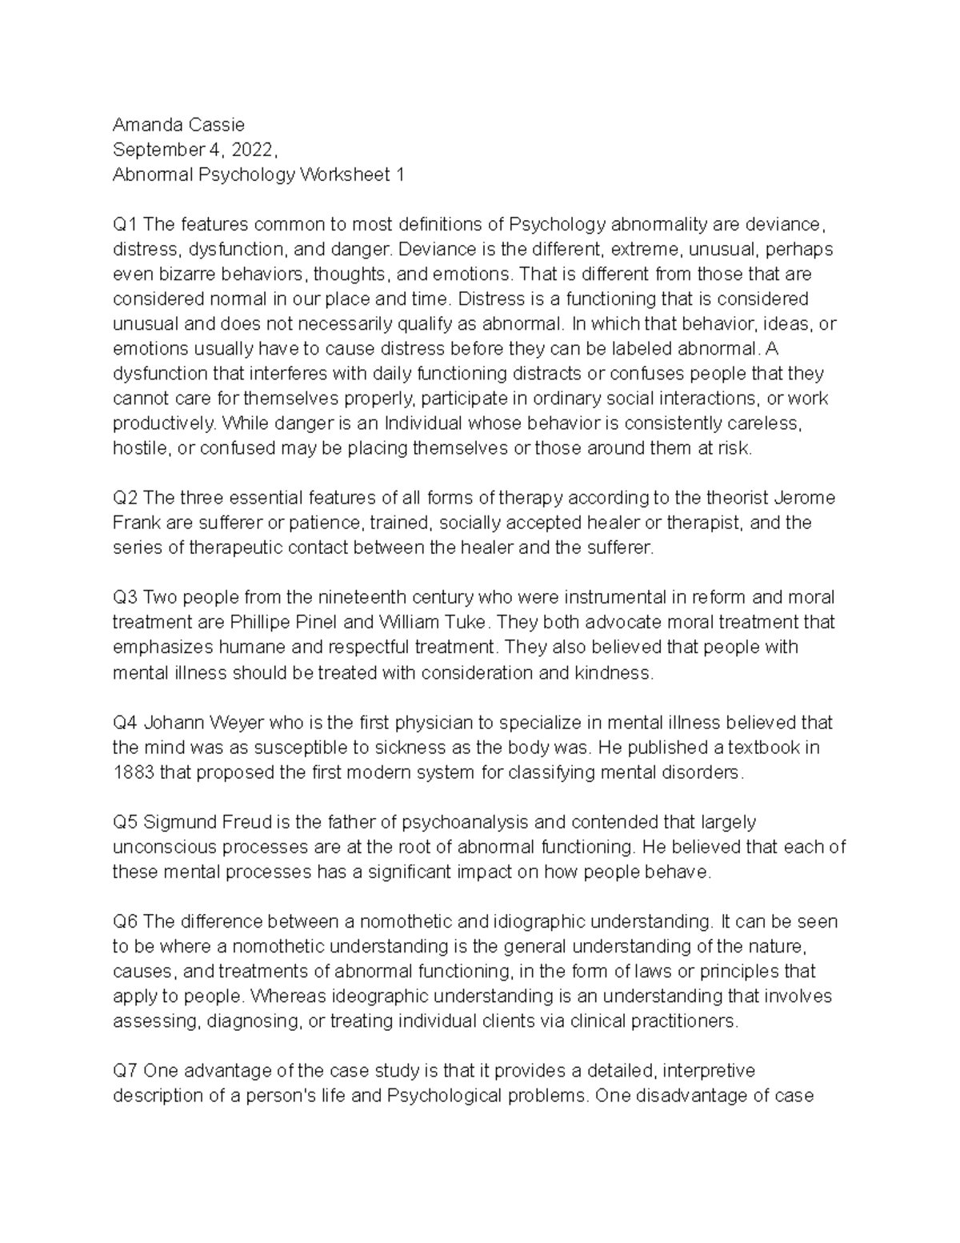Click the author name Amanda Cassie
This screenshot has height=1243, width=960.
[178, 125]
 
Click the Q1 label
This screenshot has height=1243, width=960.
[125, 224]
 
